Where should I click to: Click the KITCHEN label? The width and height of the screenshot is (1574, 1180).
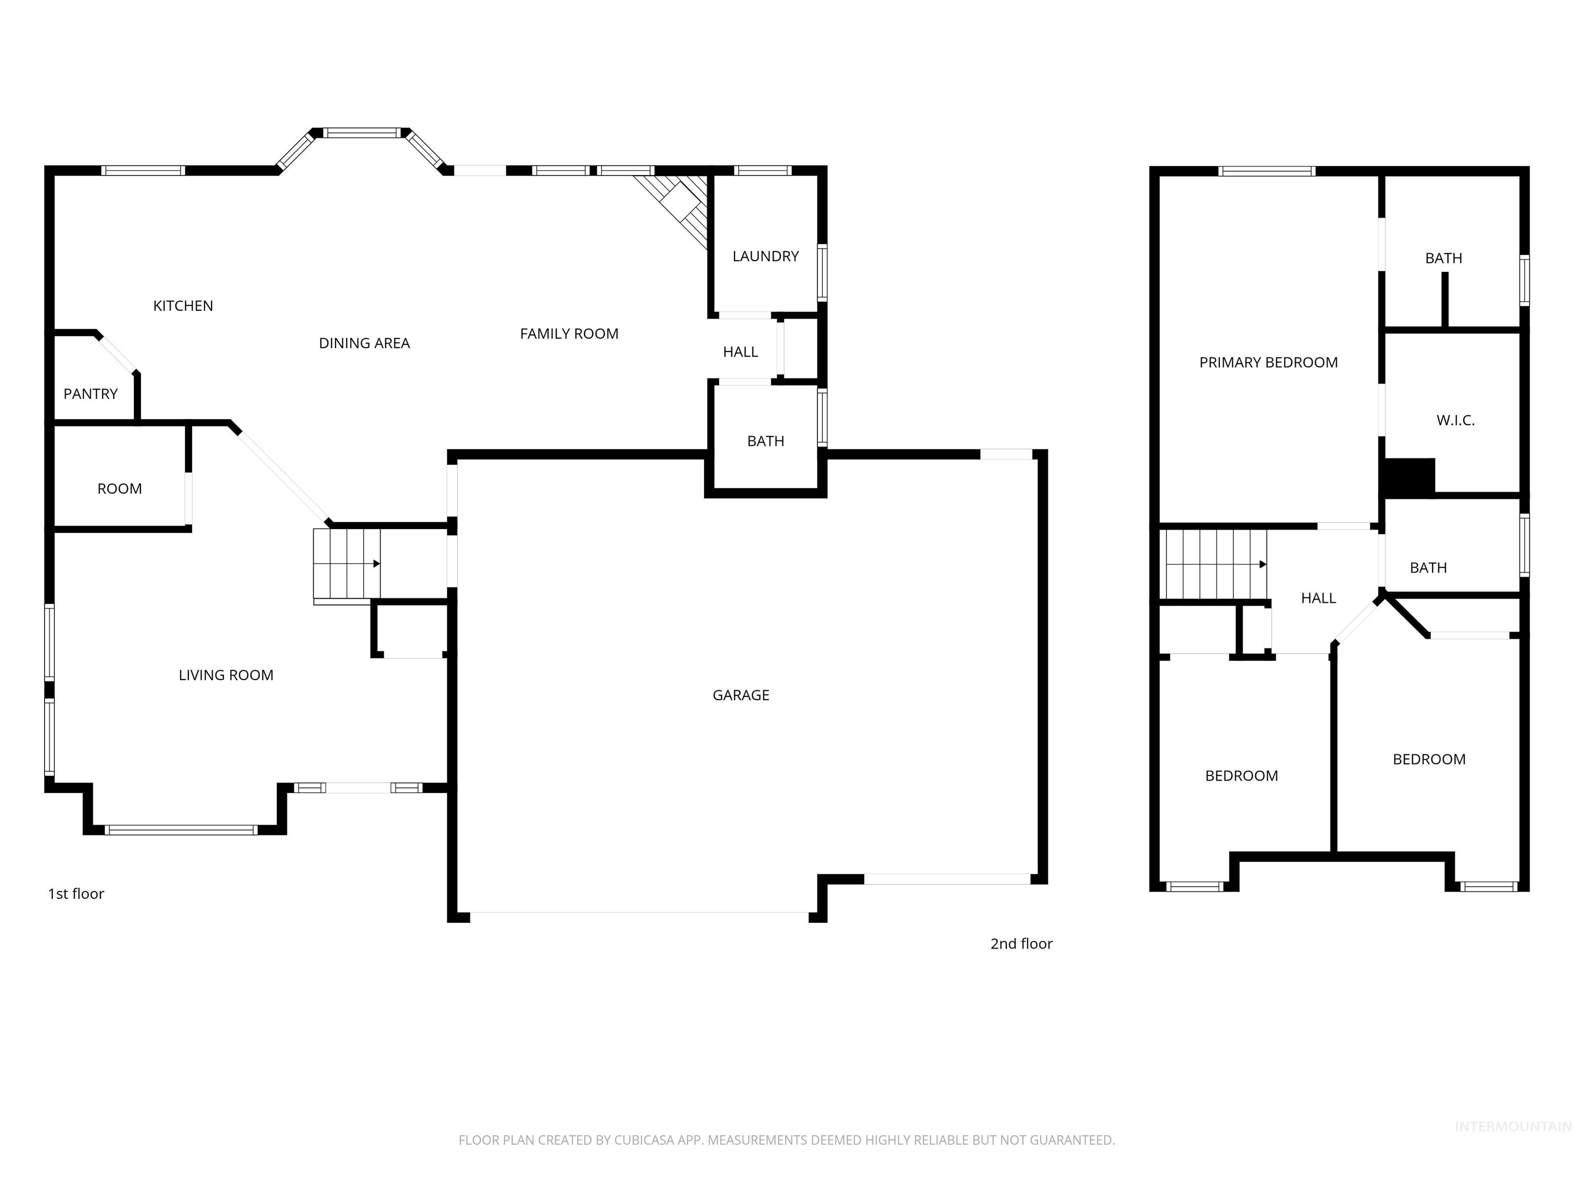(183, 306)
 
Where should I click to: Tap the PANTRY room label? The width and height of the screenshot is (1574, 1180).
(90, 394)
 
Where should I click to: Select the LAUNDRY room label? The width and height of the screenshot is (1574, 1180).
(765, 256)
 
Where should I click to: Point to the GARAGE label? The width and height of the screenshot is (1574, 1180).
(741, 695)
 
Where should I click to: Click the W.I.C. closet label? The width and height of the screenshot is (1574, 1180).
(1455, 420)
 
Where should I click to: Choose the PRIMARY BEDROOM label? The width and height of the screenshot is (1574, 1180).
(1268, 363)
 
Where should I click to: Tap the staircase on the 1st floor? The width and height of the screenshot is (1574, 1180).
(346, 564)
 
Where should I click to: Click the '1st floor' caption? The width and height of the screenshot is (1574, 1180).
(76, 894)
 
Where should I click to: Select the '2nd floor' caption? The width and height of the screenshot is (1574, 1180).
(1021, 944)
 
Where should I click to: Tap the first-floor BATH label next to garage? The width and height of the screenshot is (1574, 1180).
(765, 441)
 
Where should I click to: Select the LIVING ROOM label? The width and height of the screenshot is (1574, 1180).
(225, 675)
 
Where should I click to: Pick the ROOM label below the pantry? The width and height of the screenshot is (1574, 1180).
(119, 489)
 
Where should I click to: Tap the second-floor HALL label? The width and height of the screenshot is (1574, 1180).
(1318, 598)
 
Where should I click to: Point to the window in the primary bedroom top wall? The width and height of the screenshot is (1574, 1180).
(1267, 171)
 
